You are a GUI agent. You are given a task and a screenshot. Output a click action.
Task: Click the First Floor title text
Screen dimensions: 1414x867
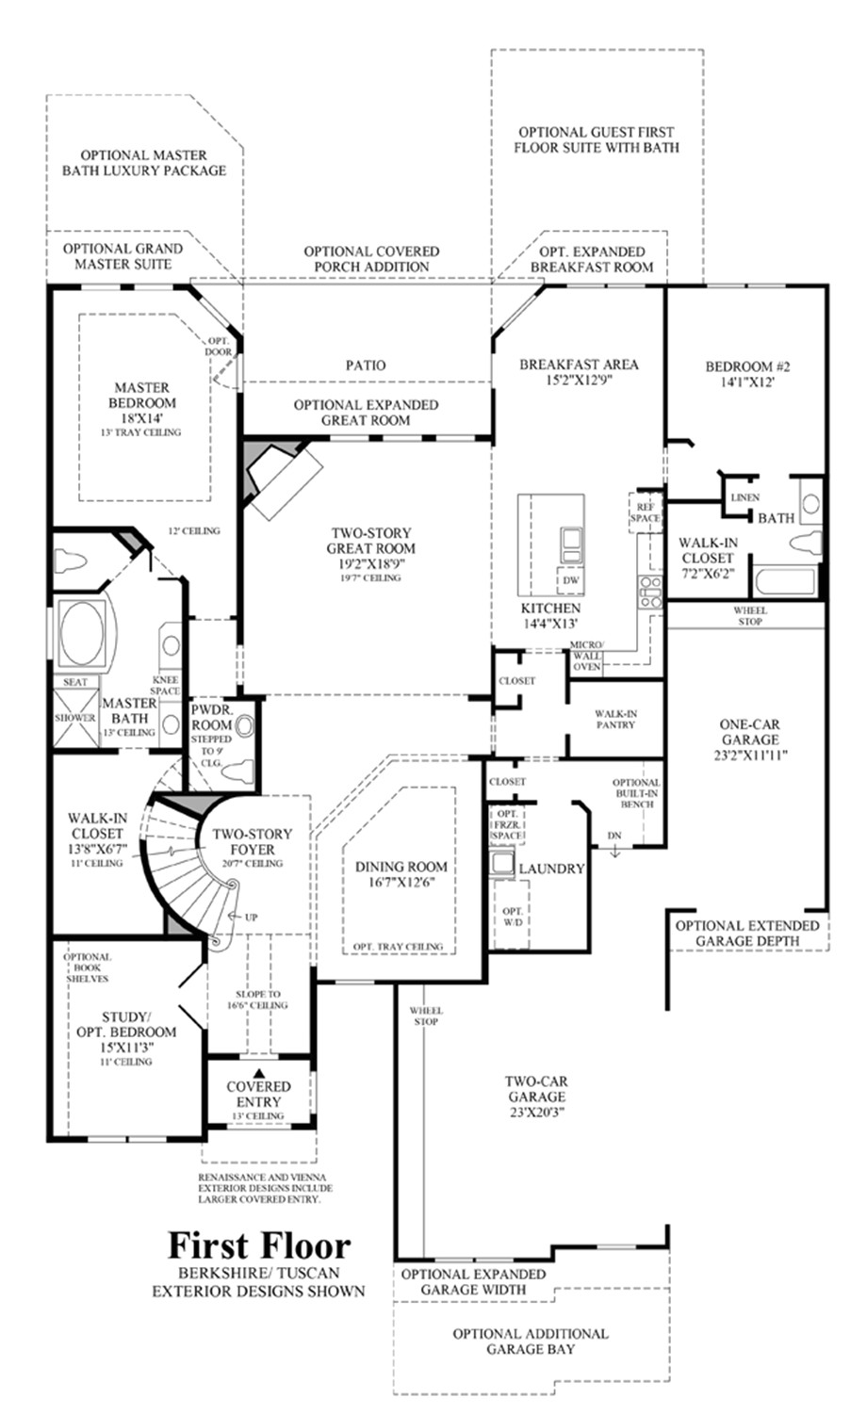[x=259, y=1245]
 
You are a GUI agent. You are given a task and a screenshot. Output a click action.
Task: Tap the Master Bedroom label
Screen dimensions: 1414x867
[x=142, y=395]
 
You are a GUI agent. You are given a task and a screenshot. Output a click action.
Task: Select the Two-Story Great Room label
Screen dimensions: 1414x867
[x=370, y=541]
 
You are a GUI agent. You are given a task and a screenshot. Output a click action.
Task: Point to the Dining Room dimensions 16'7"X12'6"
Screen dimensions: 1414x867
[x=401, y=884]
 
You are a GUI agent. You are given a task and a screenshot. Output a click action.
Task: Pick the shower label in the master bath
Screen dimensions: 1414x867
[x=75, y=718]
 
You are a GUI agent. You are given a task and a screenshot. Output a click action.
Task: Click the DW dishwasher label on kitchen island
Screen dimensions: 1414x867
[x=569, y=580]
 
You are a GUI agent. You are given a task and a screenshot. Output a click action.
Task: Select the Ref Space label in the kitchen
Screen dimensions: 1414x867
[x=646, y=512]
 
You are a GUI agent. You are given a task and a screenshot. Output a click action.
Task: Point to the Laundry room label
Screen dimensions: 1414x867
[x=552, y=869]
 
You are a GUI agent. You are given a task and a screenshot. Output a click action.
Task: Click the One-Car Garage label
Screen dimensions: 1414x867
[x=749, y=732]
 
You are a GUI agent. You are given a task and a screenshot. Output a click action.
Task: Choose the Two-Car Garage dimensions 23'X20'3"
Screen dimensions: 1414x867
[x=534, y=1112]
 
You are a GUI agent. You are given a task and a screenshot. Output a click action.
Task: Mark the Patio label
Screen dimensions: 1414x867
[x=365, y=365]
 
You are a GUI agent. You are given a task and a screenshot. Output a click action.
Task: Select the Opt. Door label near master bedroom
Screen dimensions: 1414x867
[x=219, y=347]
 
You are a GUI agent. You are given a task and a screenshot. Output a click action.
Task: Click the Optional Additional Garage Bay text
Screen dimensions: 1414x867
[x=530, y=1341]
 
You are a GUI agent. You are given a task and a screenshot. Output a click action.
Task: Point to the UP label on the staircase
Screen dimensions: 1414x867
[x=252, y=918]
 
